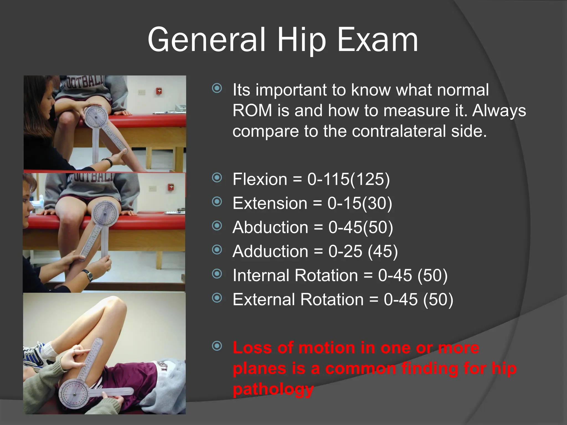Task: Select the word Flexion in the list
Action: (x=260, y=179)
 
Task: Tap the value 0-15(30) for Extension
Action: (x=360, y=203)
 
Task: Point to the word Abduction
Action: (x=270, y=227)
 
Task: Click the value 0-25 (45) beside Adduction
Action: (x=363, y=251)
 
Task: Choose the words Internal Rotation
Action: (x=295, y=275)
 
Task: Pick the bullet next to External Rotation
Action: (x=217, y=298)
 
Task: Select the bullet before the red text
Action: (x=217, y=346)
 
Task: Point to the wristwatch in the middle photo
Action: (x=89, y=275)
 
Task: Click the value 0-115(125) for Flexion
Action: (x=348, y=179)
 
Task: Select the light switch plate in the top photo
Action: (x=142, y=92)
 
